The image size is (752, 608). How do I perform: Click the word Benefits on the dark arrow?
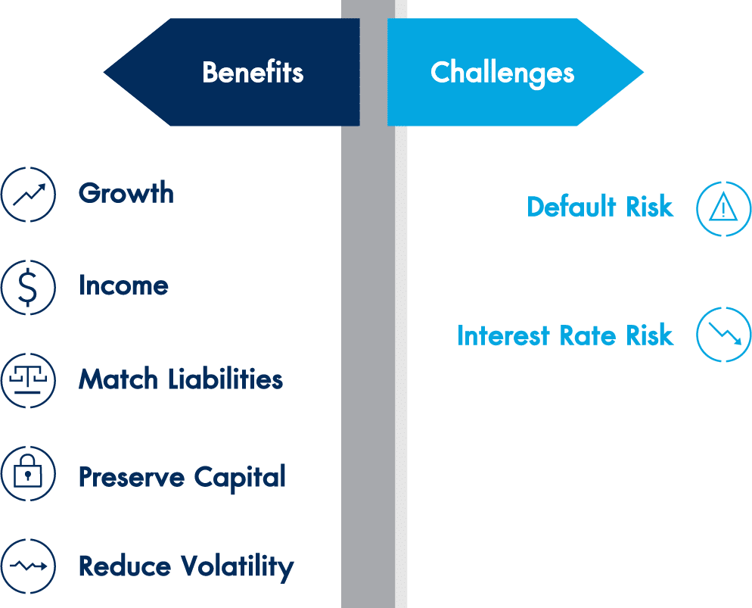pos(253,73)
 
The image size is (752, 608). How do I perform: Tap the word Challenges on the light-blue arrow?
pos(502,73)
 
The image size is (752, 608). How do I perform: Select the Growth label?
pos(126,192)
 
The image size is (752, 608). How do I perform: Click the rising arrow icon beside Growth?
pos(28,195)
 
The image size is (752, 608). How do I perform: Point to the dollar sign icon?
pos(28,288)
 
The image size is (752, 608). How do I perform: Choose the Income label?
pos(123,285)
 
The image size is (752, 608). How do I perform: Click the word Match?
pos(118,379)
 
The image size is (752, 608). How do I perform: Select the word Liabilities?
pos(225,379)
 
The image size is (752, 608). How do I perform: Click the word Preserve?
pos(132,478)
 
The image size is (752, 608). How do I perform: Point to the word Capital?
pos(240,479)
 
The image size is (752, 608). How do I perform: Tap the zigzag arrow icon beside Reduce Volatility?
pos(28,566)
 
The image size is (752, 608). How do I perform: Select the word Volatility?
pos(238,568)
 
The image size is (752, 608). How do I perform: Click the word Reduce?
pos(125,566)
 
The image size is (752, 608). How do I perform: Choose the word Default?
pos(571,207)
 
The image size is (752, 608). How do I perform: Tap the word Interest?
pos(503,335)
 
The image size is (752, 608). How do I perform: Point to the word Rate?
pos(588,335)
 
